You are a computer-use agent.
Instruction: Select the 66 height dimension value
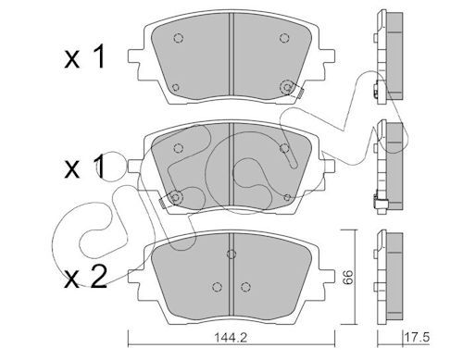click(x=348, y=277)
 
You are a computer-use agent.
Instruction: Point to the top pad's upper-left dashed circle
click(x=179, y=38)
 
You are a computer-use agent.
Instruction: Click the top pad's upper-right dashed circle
click(x=284, y=38)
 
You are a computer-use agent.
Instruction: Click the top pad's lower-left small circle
click(x=175, y=87)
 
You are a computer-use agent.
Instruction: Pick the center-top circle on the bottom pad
click(x=231, y=254)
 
